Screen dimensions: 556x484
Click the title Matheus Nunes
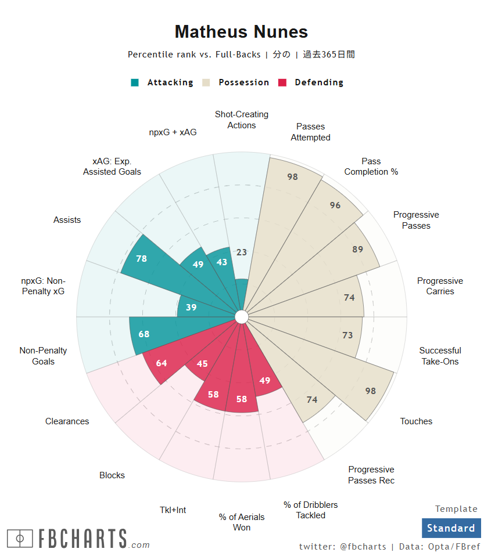coord(241,31)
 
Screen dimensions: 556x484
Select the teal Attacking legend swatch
coord(135,82)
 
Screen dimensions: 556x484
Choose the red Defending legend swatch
coord(283,82)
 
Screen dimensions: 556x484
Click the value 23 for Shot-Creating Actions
coord(242,252)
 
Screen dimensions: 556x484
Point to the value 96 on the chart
coord(335,205)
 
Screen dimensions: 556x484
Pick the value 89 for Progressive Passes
coord(357,250)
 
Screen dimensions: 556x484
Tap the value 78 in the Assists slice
coord(141,259)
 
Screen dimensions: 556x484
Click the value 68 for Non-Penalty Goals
coord(144,334)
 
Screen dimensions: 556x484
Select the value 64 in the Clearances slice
coord(162,363)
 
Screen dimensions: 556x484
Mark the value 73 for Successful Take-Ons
coord(347,335)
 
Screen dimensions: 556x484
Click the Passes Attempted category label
coord(310,132)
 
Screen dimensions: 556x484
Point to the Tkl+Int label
coord(173,510)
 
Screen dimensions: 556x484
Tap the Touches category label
coord(416,421)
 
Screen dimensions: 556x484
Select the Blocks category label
coord(112,475)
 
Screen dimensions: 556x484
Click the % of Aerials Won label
coord(242,522)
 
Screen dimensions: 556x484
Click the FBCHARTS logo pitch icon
coord(20,539)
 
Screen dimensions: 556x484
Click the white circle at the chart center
coord(242,316)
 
